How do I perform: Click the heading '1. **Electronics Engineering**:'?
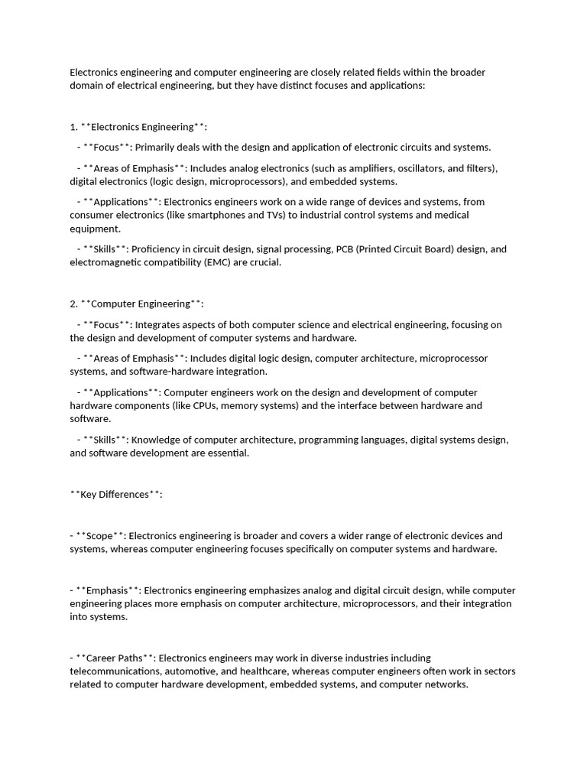pyautogui.click(x=138, y=127)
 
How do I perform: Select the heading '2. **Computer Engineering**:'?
pyautogui.click(x=137, y=304)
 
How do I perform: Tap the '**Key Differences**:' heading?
pyautogui.click(x=116, y=494)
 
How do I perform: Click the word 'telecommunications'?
pyautogui.click(x=114, y=671)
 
